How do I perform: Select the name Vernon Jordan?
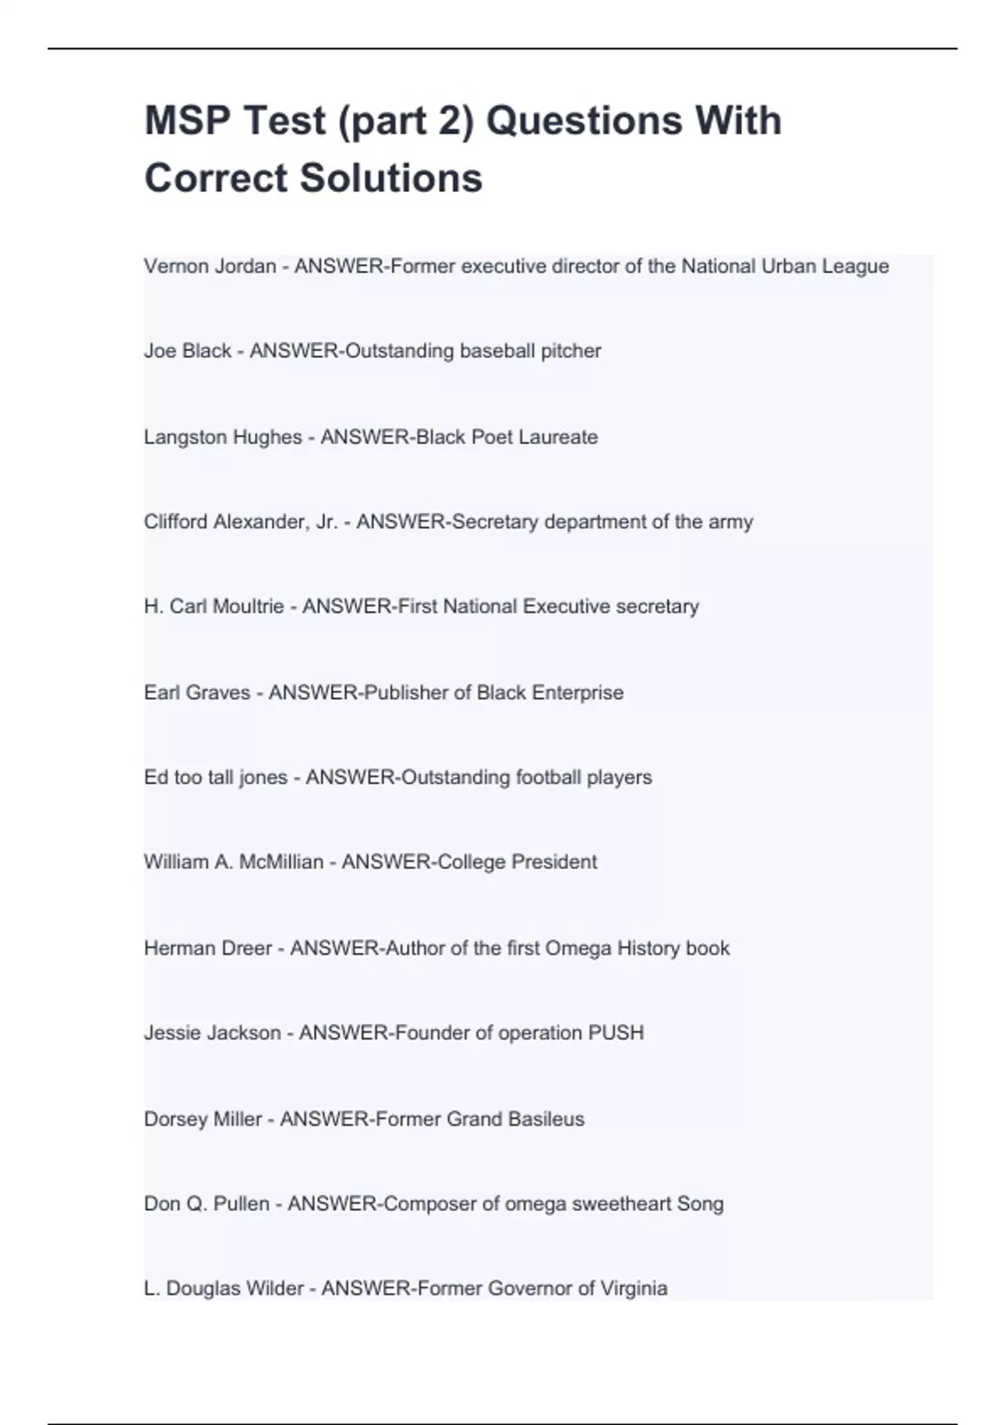(210, 267)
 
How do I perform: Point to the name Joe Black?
(188, 351)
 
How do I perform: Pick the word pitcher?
(571, 351)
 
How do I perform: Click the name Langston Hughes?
(223, 438)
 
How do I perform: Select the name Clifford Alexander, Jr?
(241, 522)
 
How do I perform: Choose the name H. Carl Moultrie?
(214, 607)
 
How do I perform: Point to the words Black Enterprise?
(550, 693)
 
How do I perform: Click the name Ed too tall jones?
(215, 778)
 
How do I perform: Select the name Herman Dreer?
(208, 949)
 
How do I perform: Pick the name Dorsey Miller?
(203, 1120)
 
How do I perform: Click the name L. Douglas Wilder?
(224, 1289)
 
